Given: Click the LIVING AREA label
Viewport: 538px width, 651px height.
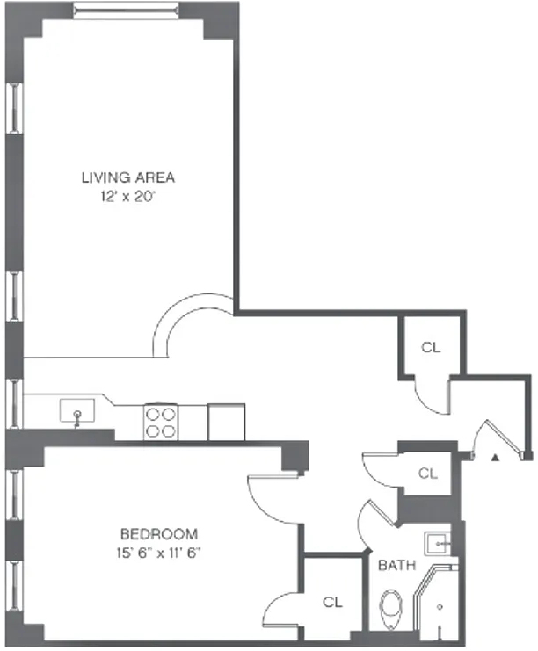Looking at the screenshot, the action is click(128, 177).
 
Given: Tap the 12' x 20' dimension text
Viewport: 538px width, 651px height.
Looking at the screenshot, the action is click(127, 196).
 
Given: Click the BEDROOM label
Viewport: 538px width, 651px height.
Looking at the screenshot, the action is click(159, 533).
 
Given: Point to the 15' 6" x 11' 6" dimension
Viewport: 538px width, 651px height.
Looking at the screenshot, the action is click(159, 553).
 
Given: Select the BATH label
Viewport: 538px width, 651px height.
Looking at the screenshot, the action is click(396, 565).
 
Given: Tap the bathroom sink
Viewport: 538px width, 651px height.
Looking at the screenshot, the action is click(438, 544).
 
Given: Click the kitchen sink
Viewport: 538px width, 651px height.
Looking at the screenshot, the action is click(76, 411).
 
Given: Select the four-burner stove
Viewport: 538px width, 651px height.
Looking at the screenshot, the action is click(161, 422).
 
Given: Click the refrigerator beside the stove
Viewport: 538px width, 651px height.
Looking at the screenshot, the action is click(226, 422).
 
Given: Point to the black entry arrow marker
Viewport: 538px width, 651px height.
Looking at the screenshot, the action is click(495, 458).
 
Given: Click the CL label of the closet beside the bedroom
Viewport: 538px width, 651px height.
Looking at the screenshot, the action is click(332, 602).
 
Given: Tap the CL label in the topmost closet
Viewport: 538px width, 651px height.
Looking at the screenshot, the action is click(431, 347).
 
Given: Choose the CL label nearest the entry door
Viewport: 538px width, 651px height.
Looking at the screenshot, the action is click(428, 473).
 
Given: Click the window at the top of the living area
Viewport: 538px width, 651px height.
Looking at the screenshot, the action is click(127, 10).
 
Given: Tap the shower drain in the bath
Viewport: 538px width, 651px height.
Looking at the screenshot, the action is click(440, 607).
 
